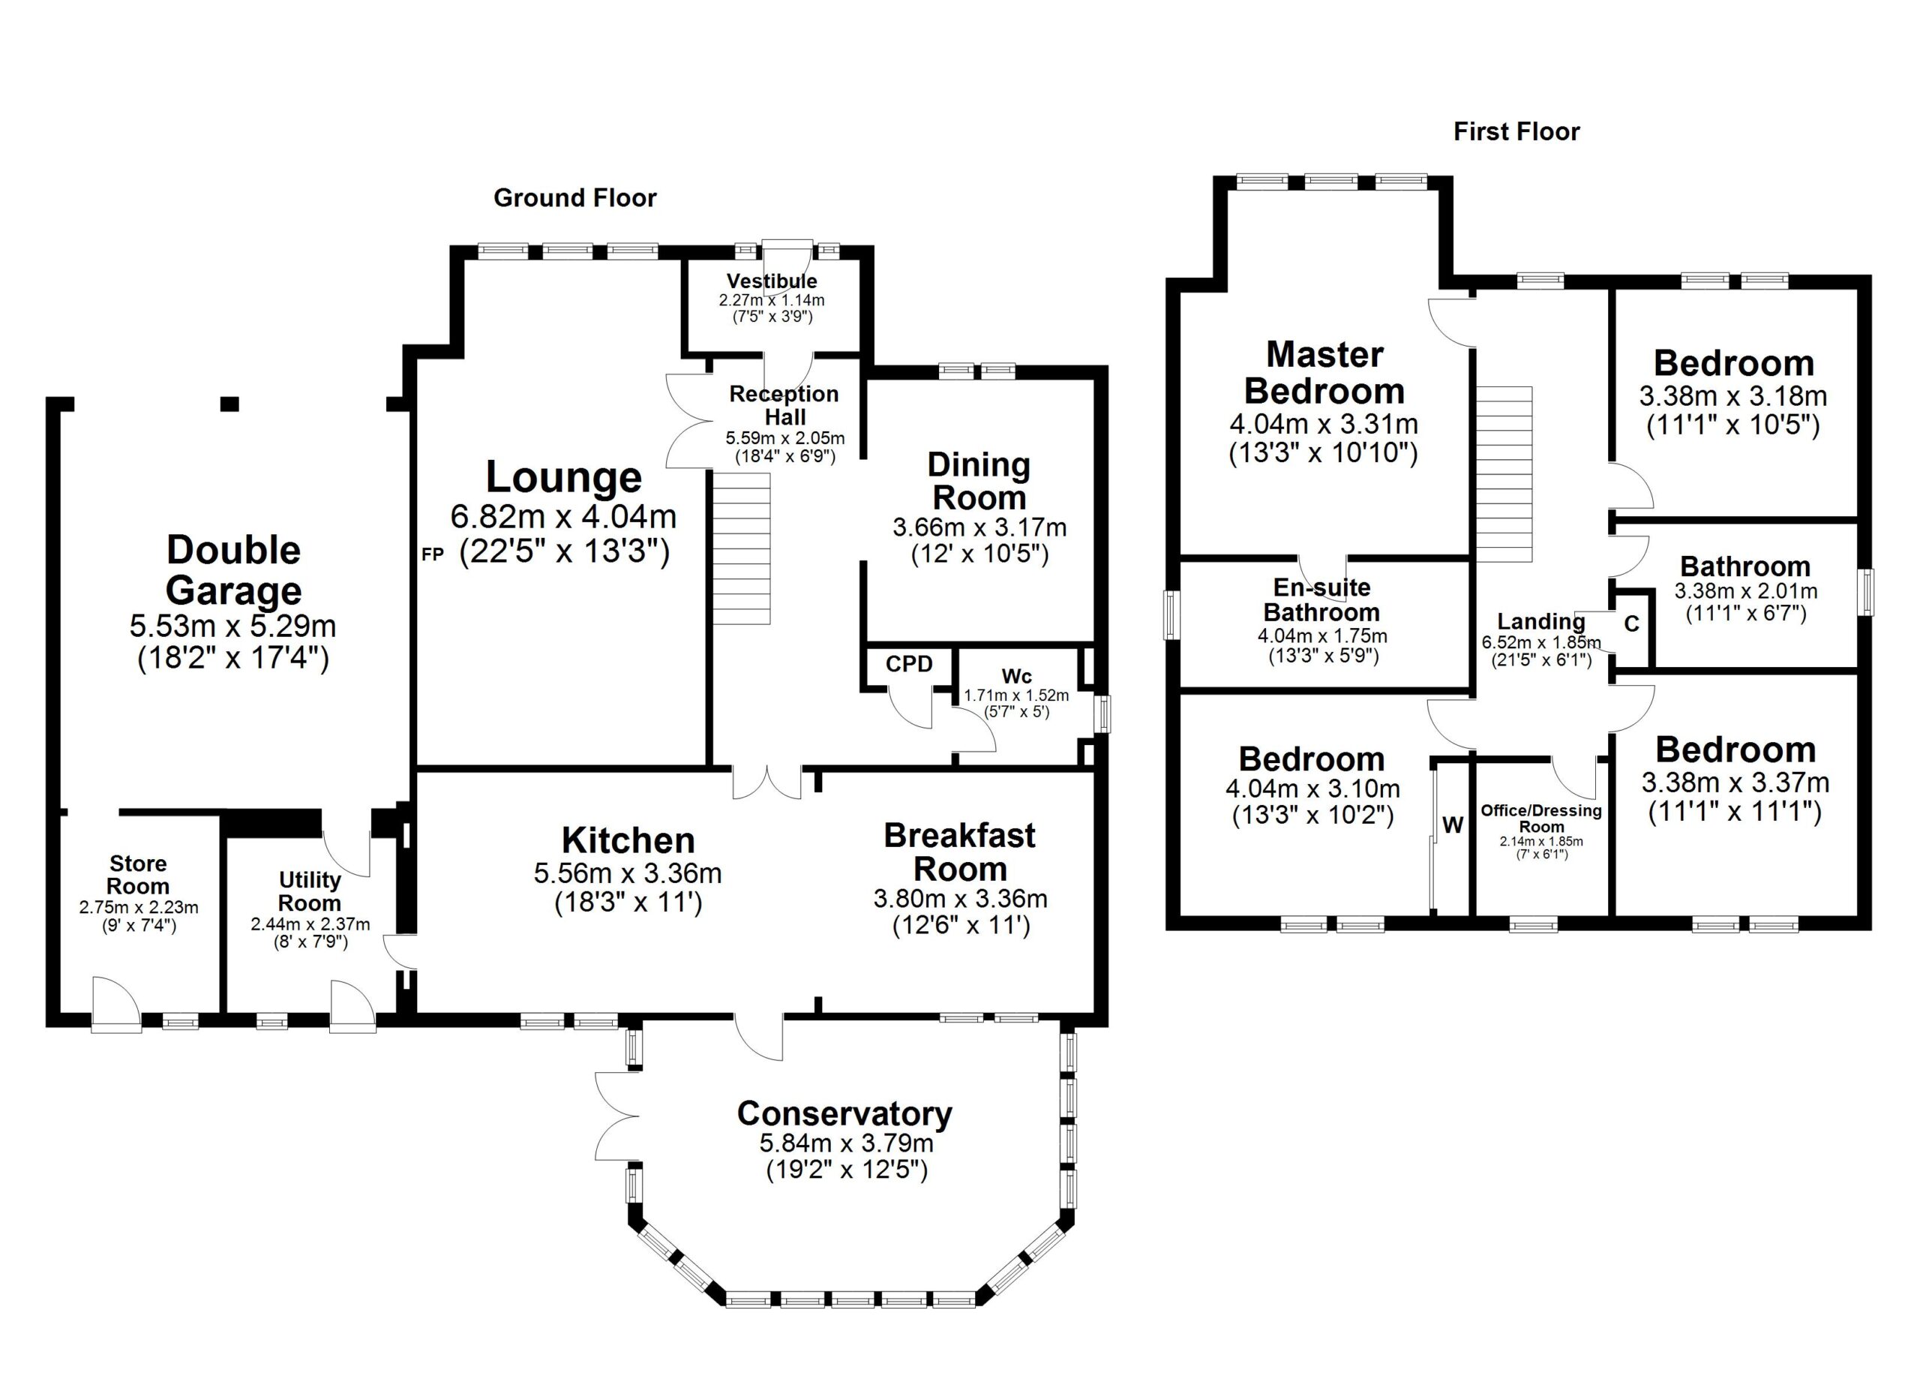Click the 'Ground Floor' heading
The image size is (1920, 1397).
tap(574, 198)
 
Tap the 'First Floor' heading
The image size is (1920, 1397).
tap(1516, 132)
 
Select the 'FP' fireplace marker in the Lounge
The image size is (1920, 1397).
tap(433, 555)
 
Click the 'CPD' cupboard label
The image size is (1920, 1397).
tap(909, 665)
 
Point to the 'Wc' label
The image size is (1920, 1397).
tap(1017, 677)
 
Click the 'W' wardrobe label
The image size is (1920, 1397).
tap(1453, 825)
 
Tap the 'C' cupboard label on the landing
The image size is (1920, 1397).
tap(1632, 624)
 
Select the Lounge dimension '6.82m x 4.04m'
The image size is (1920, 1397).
tap(563, 515)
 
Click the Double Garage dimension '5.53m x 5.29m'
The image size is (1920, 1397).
tap(232, 626)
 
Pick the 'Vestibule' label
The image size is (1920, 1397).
tap(772, 281)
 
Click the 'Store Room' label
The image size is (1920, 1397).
tap(138, 875)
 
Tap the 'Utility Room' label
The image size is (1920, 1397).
tap(310, 891)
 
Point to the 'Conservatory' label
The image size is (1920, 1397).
tap(844, 1114)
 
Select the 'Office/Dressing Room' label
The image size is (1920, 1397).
tap(1541, 819)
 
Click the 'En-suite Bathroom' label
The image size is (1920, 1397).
tap(1322, 600)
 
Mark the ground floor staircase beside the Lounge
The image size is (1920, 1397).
tap(742, 548)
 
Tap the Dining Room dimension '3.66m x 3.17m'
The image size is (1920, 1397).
tap(979, 527)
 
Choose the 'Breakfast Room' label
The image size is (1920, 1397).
tap(960, 852)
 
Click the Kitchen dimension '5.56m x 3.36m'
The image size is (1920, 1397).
tap(628, 873)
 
